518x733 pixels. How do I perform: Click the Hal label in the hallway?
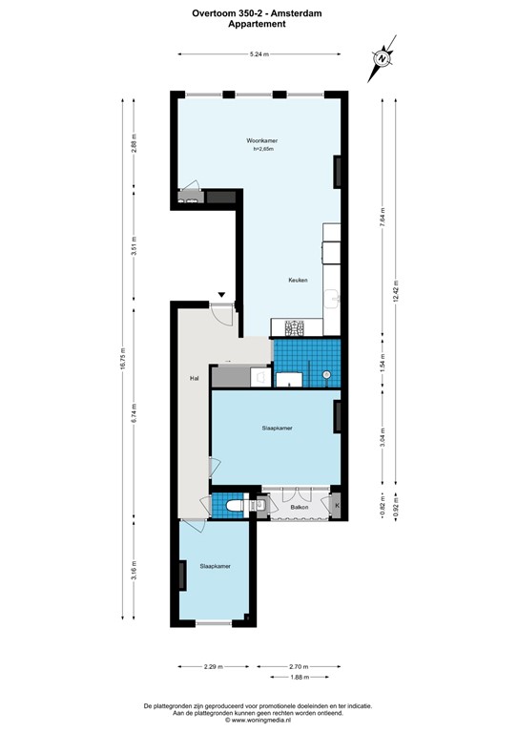(194, 379)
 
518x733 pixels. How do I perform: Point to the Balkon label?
(298, 508)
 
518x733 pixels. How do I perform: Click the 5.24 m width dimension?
(258, 54)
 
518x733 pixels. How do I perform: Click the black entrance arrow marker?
(221, 295)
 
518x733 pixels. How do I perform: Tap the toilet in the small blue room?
(232, 503)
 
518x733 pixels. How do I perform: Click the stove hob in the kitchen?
(292, 329)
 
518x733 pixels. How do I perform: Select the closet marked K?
(335, 503)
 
